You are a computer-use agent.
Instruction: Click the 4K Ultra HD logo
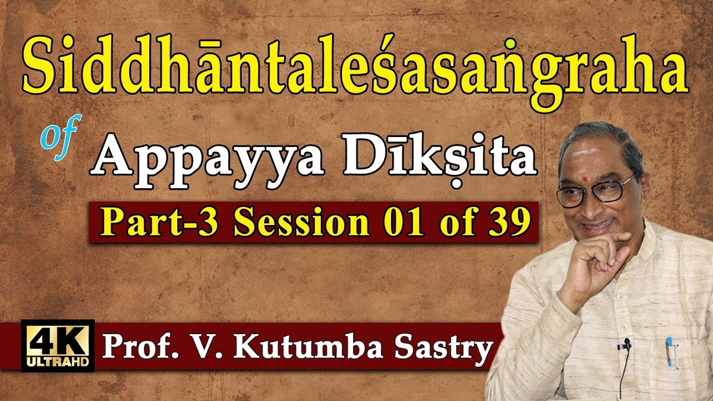(57, 345)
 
